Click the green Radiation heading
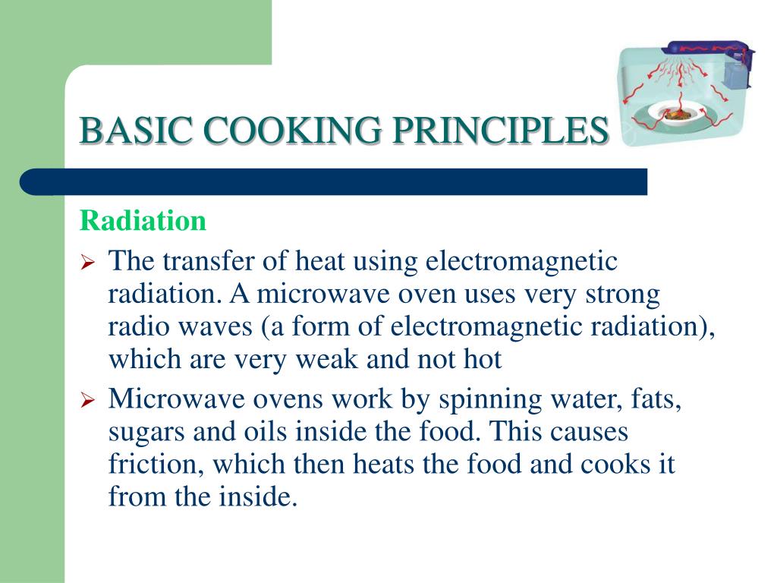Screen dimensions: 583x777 click(x=143, y=221)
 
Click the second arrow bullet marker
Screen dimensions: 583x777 click(x=87, y=400)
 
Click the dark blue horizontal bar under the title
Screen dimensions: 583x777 click(x=334, y=182)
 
